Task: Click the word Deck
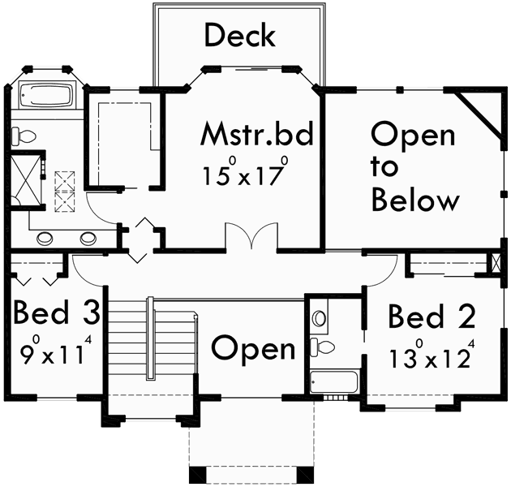click(239, 36)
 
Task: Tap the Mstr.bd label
click(256, 135)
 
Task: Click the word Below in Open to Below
click(415, 199)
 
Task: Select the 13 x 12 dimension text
click(430, 357)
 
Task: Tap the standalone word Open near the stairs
click(254, 348)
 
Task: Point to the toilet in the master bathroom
click(23, 137)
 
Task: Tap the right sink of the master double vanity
click(88, 238)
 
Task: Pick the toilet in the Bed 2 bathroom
click(324, 348)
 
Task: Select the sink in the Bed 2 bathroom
click(320, 316)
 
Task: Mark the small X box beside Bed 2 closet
click(496, 264)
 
